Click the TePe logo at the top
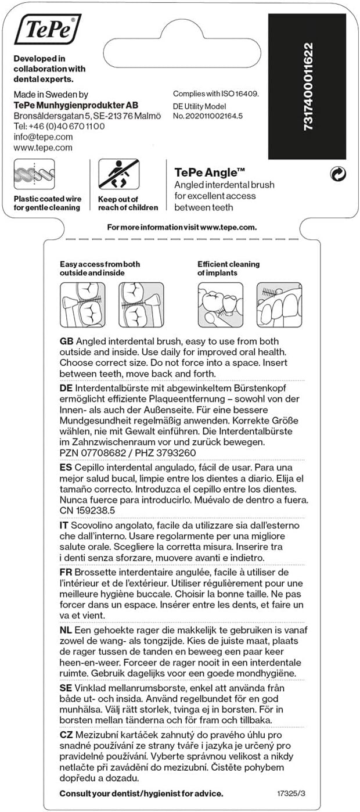coord(48,30)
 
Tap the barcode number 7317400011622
coord(308,86)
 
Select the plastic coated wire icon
coord(34,175)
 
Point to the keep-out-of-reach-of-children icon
coord(118,175)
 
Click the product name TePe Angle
coord(210,172)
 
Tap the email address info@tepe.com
coord(43,137)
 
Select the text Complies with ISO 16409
coord(216,94)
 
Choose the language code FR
coord(66,571)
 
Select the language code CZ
coord(66,735)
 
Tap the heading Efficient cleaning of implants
coord(228,268)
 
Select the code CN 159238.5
coord(88,510)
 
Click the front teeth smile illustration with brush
coord(279,305)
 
